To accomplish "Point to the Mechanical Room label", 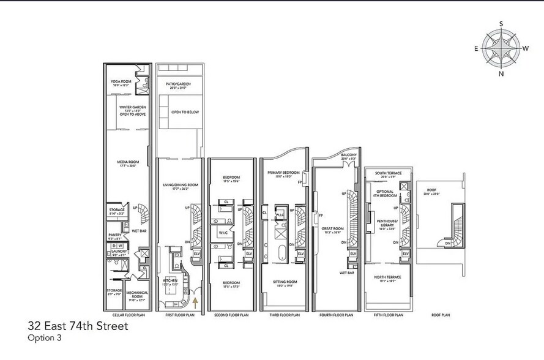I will pos(136,294).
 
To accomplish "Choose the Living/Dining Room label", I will pos(180,186).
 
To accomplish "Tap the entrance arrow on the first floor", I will pos(195,299).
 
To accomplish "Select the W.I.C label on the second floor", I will pos(223,233).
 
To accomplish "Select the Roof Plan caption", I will pos(441,315).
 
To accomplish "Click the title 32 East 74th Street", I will pos(78,326).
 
